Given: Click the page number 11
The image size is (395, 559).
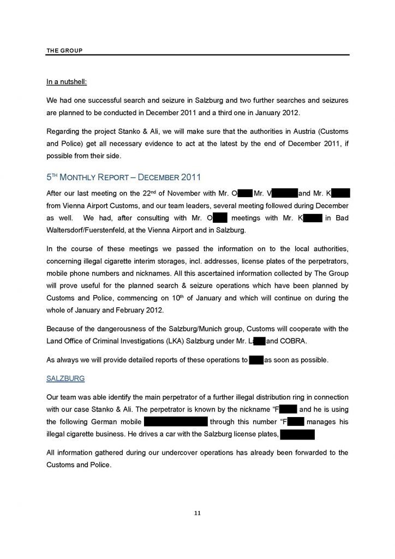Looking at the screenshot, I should click(197, 513).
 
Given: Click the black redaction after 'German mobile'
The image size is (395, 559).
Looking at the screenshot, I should click(175, 422).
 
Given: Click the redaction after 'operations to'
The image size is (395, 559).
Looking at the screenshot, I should click(256, 360).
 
